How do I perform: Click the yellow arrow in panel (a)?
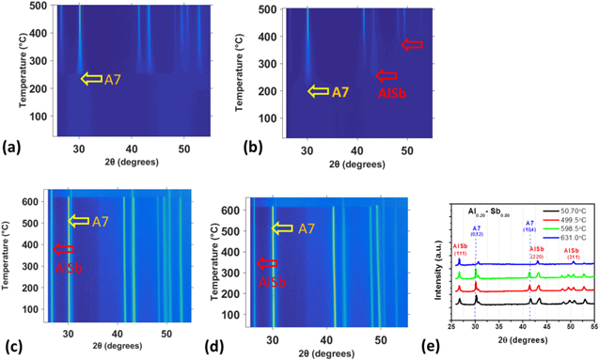point(90,78)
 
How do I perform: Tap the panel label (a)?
point(13,148)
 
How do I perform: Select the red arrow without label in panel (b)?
point(412,44)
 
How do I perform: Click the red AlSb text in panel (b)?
point(390,93)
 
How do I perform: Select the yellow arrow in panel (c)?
point(81,221)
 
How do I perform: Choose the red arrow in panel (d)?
point(268,263)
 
